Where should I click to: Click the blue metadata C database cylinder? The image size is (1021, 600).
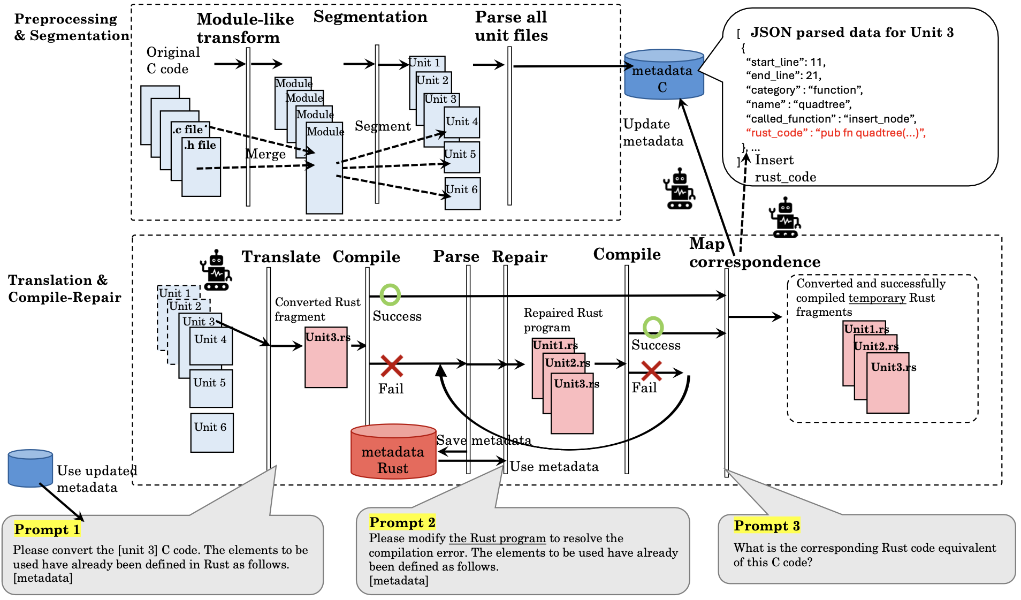[x=664, y=74]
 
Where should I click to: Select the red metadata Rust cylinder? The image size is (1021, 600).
[x=393, y=451]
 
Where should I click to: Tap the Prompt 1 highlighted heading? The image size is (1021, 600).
[x=48, y=529]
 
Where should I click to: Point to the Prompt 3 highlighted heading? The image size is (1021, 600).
[x=767, y=526]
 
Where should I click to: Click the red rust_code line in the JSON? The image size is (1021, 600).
[x=836, y=133]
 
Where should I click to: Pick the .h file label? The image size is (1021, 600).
[x=200, y=145]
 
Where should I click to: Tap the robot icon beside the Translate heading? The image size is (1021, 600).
[x=216, y=270]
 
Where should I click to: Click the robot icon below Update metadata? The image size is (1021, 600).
[x=680, y=188]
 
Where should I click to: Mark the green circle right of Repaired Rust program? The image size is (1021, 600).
[x=653, y=327]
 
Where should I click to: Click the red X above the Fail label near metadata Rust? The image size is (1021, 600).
[x=392, y=366]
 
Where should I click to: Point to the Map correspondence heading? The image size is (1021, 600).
[x=755, y=253]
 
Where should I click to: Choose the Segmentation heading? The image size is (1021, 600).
[x=370, y=17]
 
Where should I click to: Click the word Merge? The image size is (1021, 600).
[x=265, y=154]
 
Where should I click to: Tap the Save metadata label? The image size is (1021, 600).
[x=484, y=440]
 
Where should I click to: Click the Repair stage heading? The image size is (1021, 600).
[x=520, y=257]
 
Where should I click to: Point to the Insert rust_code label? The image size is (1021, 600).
[x=785, y=168]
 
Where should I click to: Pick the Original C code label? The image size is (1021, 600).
[x=173, y=60]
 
